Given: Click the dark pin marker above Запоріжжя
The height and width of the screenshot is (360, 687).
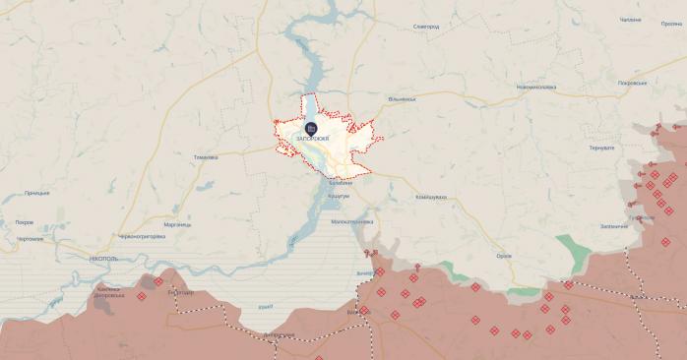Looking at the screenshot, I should pos(311,128).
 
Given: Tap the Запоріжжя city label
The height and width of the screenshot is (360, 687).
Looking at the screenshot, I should pos(311,140).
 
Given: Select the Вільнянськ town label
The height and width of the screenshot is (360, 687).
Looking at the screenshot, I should pos(402,98).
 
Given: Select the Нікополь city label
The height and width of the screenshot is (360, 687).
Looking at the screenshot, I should pos(103,258).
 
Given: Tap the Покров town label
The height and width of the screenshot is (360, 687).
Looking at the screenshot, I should pos(25,222).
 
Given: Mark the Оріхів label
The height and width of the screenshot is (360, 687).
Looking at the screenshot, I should pos(504,256).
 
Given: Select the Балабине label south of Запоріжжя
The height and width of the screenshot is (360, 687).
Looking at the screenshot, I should pos(340,185).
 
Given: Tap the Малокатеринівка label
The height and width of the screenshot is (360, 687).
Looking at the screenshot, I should pos(352,222).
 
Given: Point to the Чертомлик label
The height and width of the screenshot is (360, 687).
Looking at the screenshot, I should pos(30,239).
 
